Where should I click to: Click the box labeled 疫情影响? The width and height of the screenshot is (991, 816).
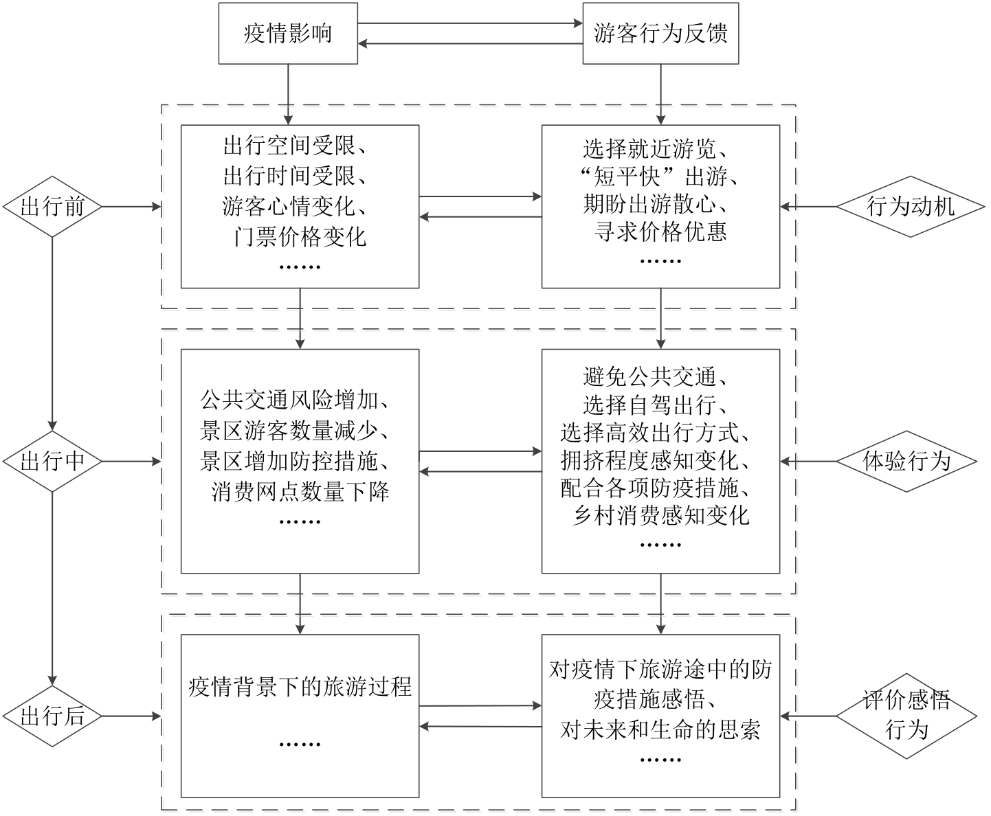tap(288, 34)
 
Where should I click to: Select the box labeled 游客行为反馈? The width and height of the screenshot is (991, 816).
tap(660, 34)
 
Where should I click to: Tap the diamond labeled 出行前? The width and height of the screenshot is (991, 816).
tap(53, 206)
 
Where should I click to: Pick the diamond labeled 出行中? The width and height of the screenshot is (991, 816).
tap(53, 462)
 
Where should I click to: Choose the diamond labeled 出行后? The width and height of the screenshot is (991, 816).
tap(53, 716)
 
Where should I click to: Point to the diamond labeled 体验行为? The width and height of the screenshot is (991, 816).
tap(907, 462)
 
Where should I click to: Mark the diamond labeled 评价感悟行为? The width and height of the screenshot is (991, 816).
tap(907, 716)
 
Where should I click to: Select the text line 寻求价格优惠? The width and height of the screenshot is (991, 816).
tap(660, 232)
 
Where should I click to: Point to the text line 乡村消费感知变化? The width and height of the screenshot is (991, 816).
tap(660, 515)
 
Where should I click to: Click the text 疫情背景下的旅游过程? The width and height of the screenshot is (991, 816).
tap(300, 686)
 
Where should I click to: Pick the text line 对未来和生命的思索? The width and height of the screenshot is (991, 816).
tap(660, 729)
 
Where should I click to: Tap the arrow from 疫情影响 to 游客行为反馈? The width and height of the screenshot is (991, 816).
tap(470, 24)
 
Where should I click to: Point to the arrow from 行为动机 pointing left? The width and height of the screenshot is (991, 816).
tap(808, 206)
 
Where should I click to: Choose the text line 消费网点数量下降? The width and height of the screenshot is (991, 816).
tap(300, 491)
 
